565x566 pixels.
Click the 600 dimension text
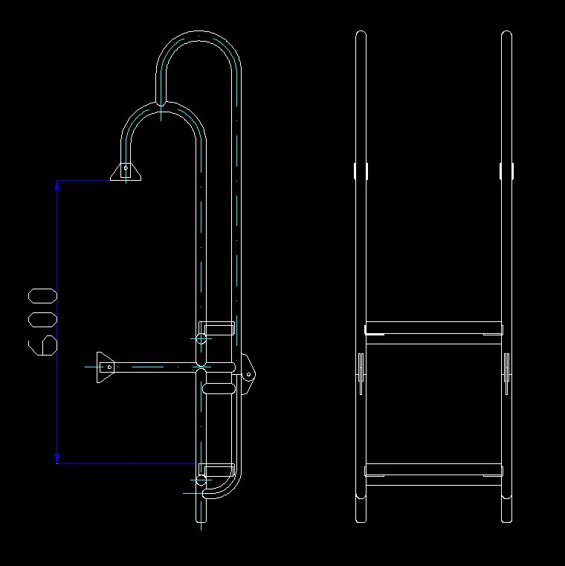tap(42, 322)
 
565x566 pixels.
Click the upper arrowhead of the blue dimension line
tap(57, 185)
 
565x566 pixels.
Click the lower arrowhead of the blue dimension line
tap(57, 458)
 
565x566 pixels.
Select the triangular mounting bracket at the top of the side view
tap(126, 172)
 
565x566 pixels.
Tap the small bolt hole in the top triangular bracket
tap(126, 168)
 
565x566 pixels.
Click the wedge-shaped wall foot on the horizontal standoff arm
tap(105, 367)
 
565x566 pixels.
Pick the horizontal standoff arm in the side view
tap(155, 367)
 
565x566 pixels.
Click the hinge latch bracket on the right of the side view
tap(248, 374)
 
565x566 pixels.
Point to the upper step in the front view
tap(433, 332)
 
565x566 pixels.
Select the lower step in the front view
tap(433, 475)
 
